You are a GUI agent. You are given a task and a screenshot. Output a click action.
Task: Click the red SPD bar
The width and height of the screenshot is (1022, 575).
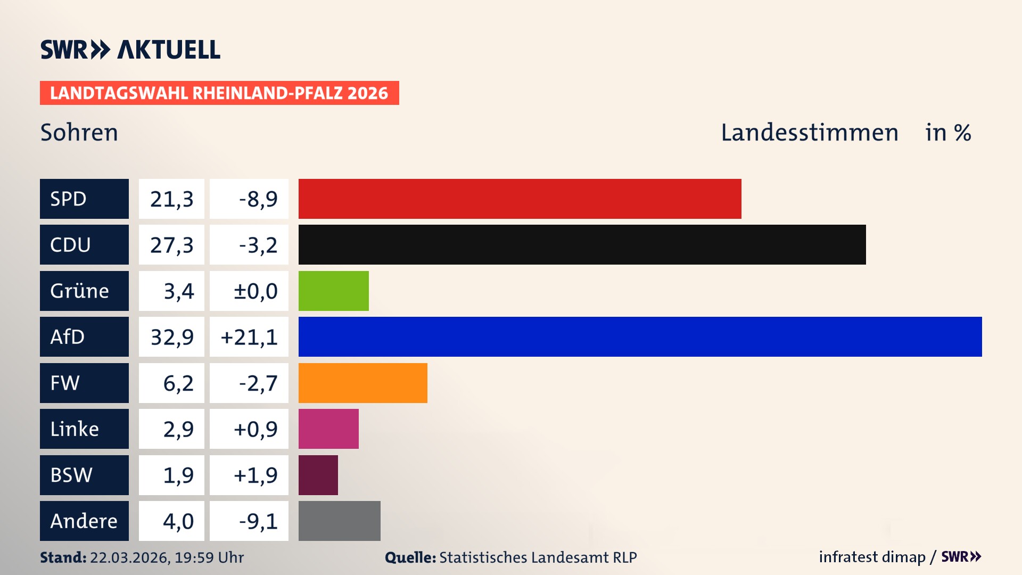(x=520, y=199)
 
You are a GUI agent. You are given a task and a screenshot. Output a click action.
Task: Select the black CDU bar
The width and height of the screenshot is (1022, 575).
(x=582, y=245)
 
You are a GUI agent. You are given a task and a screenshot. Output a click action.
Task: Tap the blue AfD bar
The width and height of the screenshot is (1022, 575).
(x=640, y=336)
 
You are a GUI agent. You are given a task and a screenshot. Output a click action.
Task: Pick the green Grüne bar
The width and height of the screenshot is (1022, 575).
(x=333, y=291)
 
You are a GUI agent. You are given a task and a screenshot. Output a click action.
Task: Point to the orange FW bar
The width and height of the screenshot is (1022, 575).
(x=362, y=383)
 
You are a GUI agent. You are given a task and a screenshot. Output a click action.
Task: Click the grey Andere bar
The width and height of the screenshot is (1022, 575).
(x=339, y=521)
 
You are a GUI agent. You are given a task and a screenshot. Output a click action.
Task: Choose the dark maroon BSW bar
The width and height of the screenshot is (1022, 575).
(x=318, y=475)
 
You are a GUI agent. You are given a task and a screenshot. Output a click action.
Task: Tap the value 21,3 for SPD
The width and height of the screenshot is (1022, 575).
(x=171, y=199)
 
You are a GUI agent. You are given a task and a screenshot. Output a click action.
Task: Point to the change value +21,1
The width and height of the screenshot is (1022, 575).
(x=249, y=337)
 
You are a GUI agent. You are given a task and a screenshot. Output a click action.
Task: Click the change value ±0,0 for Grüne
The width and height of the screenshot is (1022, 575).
(x=256, y=291)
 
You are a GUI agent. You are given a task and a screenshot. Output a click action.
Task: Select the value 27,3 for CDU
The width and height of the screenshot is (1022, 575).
(x=171, y=245)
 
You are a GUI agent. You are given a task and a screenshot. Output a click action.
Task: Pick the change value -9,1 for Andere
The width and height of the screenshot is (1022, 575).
(x=258, y=521)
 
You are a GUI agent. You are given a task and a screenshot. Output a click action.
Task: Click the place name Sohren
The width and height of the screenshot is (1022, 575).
(x=79, y=133)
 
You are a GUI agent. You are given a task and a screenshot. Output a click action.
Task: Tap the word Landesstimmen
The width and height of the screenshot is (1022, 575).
(x=809, y=133)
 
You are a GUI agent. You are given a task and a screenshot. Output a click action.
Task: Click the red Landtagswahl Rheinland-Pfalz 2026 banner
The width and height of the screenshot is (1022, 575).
(x=219, y=93)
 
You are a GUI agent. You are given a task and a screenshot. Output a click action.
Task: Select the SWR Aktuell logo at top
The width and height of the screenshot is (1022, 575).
(x=130, y=50)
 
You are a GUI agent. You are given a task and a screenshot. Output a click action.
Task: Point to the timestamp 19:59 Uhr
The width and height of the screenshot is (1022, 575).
(x=209, y=557)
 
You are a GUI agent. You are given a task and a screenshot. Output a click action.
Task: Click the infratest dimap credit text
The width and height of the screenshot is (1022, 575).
(x=872, y=557)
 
